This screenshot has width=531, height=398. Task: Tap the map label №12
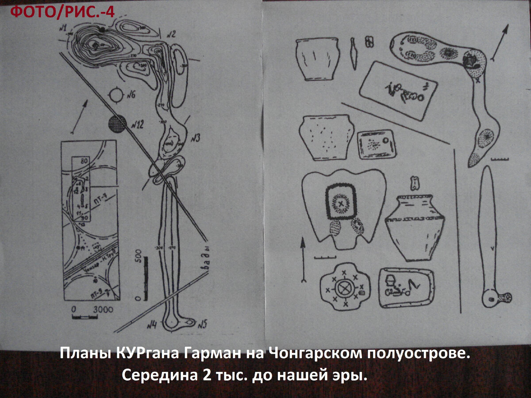(136, 125)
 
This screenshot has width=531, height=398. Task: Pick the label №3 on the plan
(194, 138)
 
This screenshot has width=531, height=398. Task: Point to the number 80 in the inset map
(82, 161)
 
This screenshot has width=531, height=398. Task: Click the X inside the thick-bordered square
(341, 203)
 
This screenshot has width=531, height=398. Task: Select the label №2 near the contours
(171, 34)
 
